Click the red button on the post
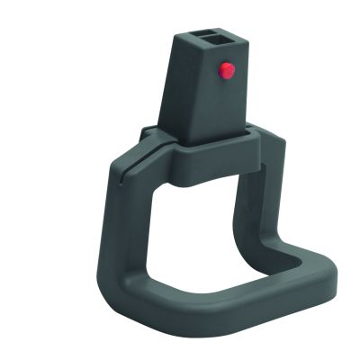coord(227,69)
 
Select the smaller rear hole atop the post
coord(208,31)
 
